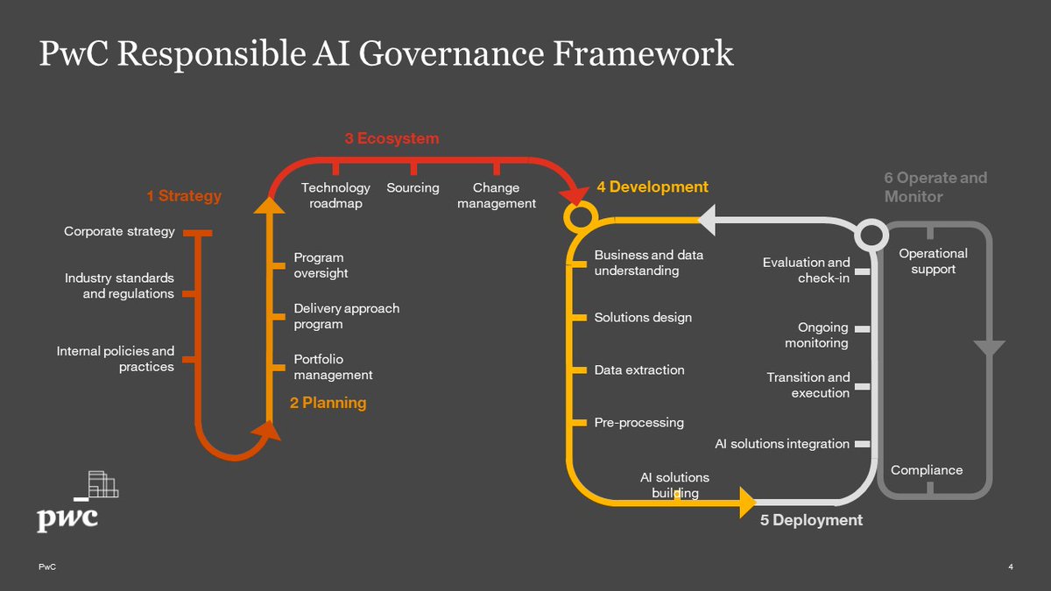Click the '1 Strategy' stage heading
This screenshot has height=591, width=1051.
point(184,196)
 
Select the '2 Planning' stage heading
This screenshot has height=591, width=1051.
point(328,403)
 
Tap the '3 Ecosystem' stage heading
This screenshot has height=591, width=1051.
point(391,138)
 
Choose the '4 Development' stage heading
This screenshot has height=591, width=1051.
point(652,186)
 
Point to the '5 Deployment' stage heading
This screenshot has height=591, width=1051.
point(811,520)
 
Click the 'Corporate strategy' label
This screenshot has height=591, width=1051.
point(119,232)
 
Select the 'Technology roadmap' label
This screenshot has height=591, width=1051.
point(335,195)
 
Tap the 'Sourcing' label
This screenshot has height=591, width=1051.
point(413,187)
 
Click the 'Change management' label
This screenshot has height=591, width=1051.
point(496,195)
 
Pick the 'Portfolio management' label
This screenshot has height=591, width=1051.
point(333,367)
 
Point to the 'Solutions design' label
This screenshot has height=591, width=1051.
point(643,317)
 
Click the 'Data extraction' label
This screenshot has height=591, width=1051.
point(639,369)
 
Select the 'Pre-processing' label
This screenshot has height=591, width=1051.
point(638,422)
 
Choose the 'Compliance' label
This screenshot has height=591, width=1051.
point(927,470)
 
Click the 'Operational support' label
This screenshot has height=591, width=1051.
point(933,261)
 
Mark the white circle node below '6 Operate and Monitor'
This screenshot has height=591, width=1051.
point(871,234)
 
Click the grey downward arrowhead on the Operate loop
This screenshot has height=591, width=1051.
point(989,348)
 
